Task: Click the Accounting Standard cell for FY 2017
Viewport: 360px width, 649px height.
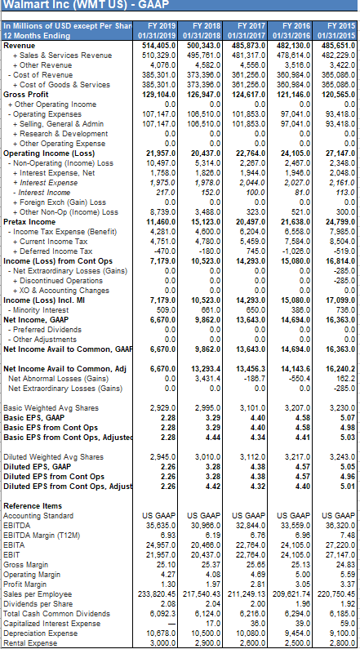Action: pyautogui.click(x=247, y=515)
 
